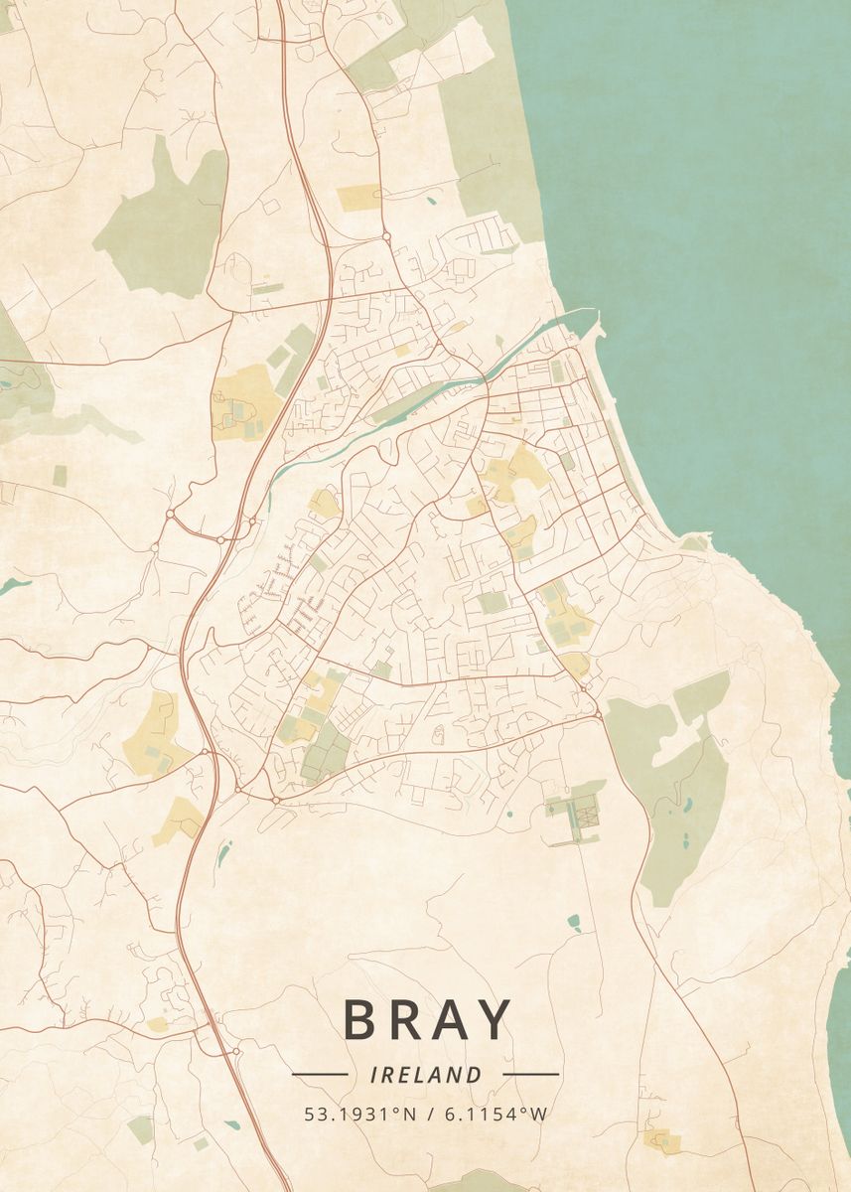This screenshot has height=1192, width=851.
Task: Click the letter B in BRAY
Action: (x=362, y=1020)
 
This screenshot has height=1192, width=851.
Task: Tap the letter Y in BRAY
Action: (x=493, y=1020)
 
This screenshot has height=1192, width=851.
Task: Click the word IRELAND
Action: (x=425, y=1075)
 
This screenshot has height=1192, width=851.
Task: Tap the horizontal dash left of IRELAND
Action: (x=319, y=1074)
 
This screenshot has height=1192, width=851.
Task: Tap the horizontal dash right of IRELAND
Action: (x=531, y=1074)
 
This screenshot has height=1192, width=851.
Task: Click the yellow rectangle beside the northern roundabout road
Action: (x=358, y=198)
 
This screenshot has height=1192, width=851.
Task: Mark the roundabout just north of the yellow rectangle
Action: (x=385, y=236)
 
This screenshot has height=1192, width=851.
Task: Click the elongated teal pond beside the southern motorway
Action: (x=223, y=852)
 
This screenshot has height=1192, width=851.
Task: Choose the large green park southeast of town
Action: (x=680, y=795)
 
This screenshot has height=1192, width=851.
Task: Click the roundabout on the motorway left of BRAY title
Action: (x=235, y=1051)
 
